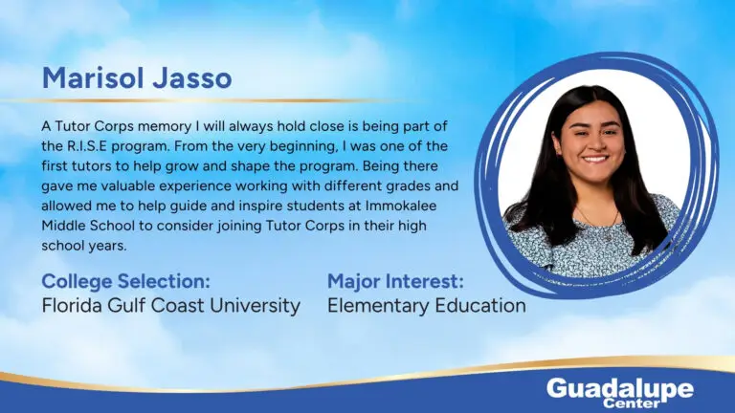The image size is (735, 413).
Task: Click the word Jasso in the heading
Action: point(192,77)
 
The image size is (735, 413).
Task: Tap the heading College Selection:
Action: point(125,281)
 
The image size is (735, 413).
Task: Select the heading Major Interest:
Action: point(395,281)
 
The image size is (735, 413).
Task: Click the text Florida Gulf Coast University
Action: point(170,306)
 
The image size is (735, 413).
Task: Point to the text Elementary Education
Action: point(427,305)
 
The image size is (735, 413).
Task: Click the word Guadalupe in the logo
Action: point(620,389)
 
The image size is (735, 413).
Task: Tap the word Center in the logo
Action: point(632,402)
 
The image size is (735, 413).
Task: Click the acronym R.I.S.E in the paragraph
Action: point(84,146)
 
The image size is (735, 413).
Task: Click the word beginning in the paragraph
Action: point(298,147)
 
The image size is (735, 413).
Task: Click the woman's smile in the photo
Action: point(595,160)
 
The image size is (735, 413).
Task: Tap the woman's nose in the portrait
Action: point(594,142)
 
